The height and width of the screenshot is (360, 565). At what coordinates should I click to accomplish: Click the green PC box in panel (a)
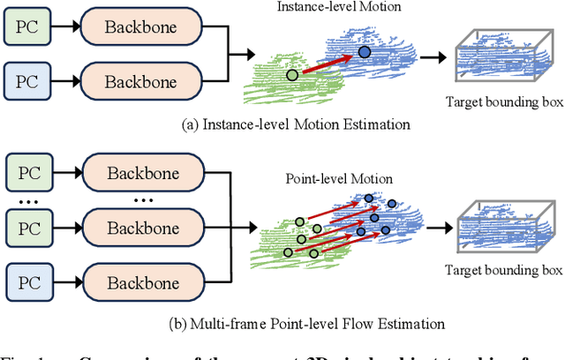(26, 28)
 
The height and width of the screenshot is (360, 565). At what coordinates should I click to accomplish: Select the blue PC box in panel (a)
(26, 81)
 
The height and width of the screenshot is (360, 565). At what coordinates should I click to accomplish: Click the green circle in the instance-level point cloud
(291, 75)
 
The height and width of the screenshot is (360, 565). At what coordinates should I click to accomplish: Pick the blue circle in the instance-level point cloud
(365, 54)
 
